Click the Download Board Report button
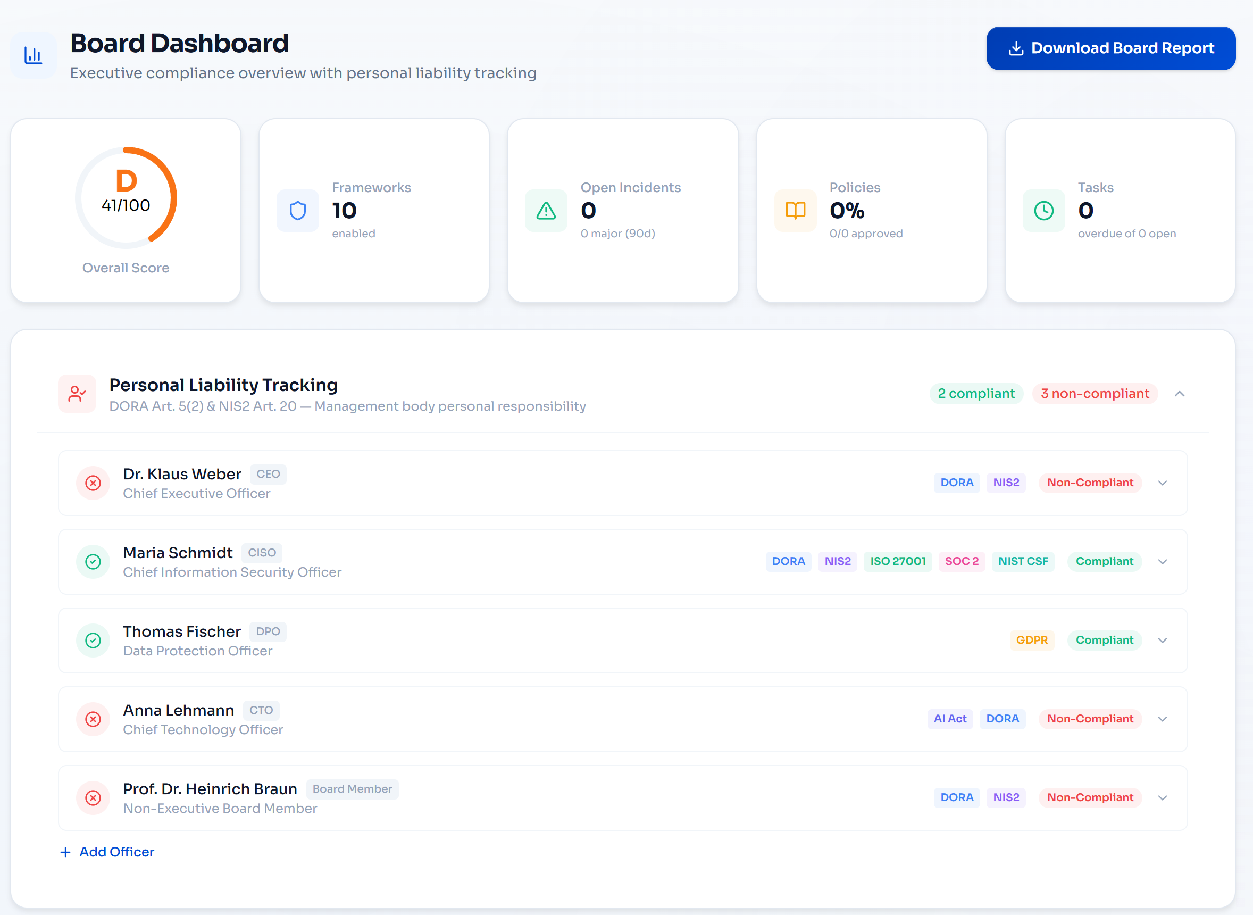point(1110,48)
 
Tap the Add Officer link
point(107,852)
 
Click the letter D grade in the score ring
point(126,180)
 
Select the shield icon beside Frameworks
point(298,211)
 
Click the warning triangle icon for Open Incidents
point(546,211)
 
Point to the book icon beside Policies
point(795,211)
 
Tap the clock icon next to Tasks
point(1043,211)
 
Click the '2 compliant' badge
point(976,393)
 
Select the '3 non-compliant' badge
point(1095,393)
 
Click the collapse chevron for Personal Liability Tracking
point(1180,394)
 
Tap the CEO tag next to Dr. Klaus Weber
point(268,474)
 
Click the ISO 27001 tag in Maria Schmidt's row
point(898,561)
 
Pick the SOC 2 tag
point(961,561)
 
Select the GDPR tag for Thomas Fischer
point(1032,640)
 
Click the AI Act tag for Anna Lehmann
point(949,718)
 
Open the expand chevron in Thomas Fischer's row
point(1162,640)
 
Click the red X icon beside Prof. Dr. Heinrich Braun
point(93,797)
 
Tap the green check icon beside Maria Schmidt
point(93,562)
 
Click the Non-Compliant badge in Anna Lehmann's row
point(1090,718)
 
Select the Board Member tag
point(352,789)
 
